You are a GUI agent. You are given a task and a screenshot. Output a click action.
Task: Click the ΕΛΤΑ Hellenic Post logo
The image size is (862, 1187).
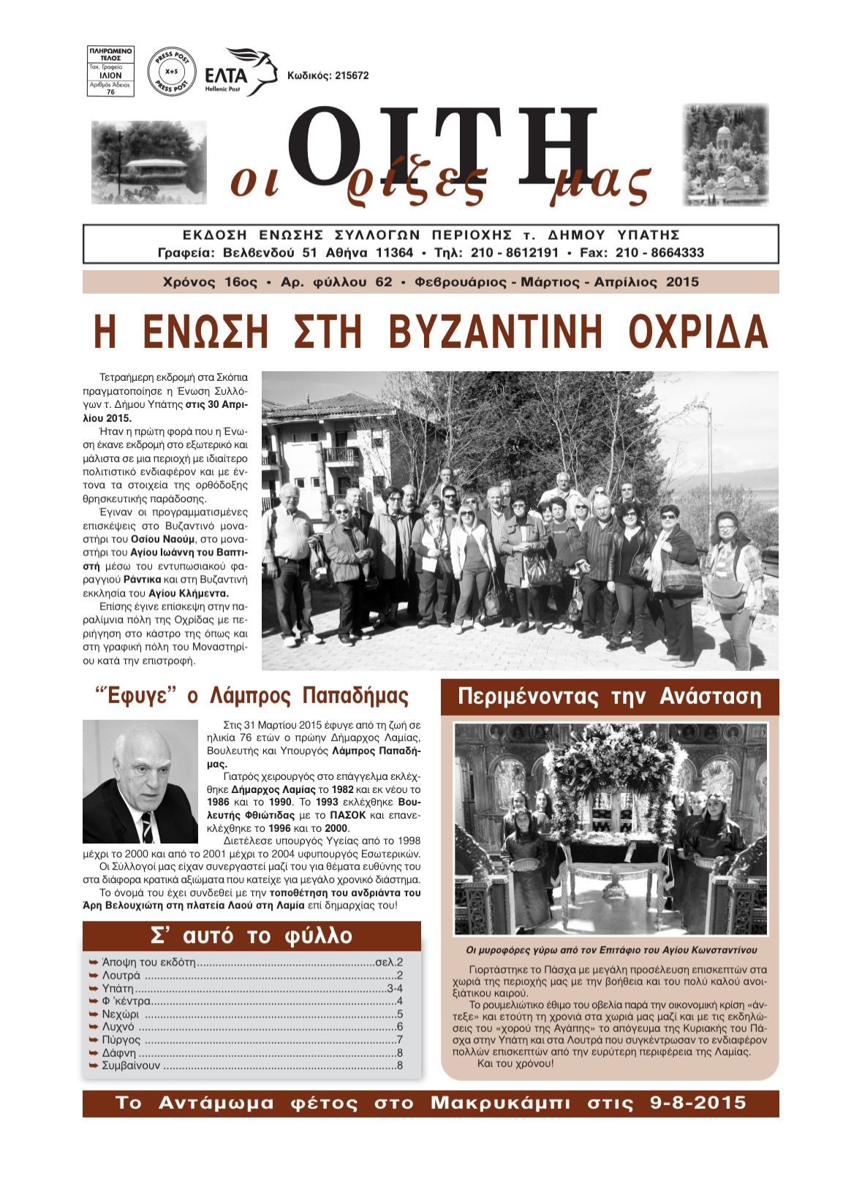point(240,72)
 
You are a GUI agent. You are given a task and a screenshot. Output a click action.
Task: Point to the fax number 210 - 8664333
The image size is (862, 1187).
point(660,253)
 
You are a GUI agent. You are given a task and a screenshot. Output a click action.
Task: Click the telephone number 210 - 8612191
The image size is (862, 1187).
point(515,253)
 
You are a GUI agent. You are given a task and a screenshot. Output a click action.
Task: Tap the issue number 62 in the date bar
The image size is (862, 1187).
point(384,282)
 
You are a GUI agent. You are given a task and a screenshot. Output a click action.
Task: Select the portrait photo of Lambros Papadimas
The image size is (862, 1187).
point(140,781)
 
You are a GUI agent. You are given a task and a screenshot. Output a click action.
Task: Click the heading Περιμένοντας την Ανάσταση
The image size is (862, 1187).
point(610,697)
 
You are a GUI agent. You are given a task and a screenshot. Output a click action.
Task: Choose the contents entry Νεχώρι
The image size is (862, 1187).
point(121,1015)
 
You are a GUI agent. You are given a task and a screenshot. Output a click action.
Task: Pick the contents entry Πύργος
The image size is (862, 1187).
point(121,1040)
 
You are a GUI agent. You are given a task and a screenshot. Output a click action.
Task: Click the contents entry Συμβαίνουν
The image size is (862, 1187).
point(131,1066)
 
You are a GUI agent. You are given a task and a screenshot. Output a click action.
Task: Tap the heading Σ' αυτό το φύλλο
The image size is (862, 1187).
point(252,936)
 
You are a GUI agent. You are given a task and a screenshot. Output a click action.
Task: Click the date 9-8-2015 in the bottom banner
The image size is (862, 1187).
point(698,1103)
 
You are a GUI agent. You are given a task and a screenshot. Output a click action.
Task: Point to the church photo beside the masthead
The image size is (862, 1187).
point(725,155)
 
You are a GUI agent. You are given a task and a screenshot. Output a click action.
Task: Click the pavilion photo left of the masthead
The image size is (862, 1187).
point(149,162)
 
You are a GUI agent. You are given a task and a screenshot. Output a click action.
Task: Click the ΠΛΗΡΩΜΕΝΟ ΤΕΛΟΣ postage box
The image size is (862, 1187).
point(111,72)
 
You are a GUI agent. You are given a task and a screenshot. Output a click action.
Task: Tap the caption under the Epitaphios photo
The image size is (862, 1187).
point(611,950)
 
